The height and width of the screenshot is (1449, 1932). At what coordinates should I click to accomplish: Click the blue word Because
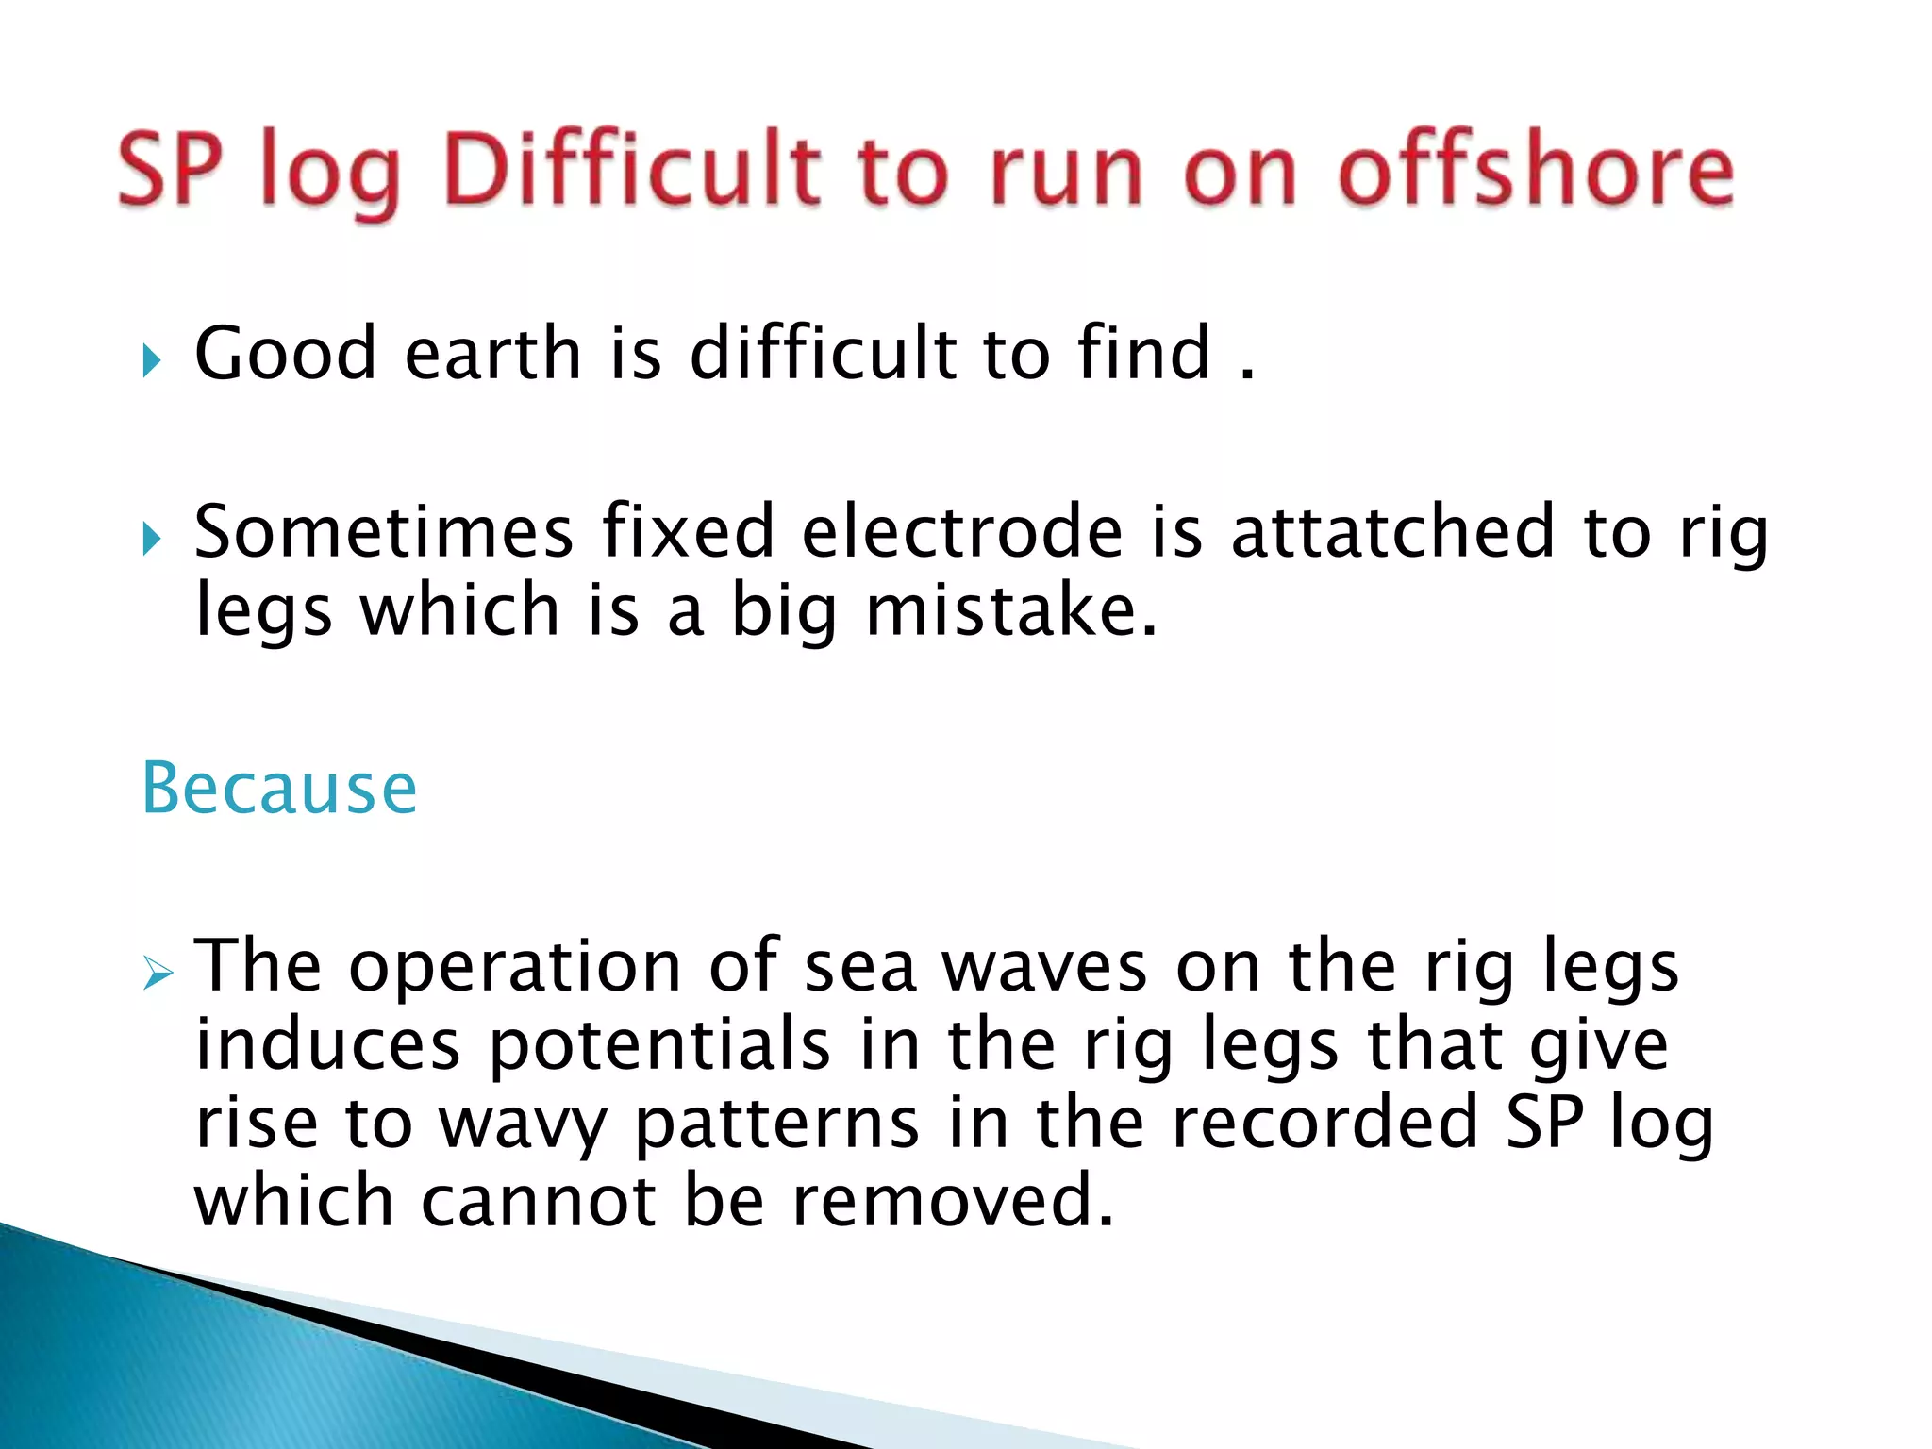click(279, 788)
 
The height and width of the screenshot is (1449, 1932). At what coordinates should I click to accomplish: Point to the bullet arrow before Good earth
click(152, 359)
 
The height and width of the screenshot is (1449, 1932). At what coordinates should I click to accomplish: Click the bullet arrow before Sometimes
click(152, 539)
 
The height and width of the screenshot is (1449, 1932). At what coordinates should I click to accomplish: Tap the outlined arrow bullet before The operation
click(158, 972)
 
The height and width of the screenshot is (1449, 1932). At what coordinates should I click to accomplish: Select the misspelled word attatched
click(1392, 532)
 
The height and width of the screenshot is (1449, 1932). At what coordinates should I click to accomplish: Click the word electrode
click(962, 532)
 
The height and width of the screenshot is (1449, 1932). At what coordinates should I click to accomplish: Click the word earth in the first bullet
click(492, 353)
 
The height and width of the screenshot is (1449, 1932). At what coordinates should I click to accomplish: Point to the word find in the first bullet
click(1143, 353)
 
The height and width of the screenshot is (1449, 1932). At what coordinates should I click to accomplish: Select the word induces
click(327, 1045)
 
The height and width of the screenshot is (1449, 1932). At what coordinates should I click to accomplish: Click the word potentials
click(660, 1045)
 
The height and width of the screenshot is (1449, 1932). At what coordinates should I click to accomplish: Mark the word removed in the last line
click(953, 1201)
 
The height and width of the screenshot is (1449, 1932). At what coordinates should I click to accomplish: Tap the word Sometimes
click(384, 532)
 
